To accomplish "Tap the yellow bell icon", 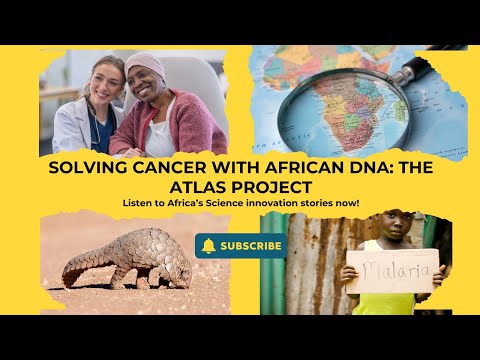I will (x=208, y=245).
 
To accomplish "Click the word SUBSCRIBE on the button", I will (x=251, y=245).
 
